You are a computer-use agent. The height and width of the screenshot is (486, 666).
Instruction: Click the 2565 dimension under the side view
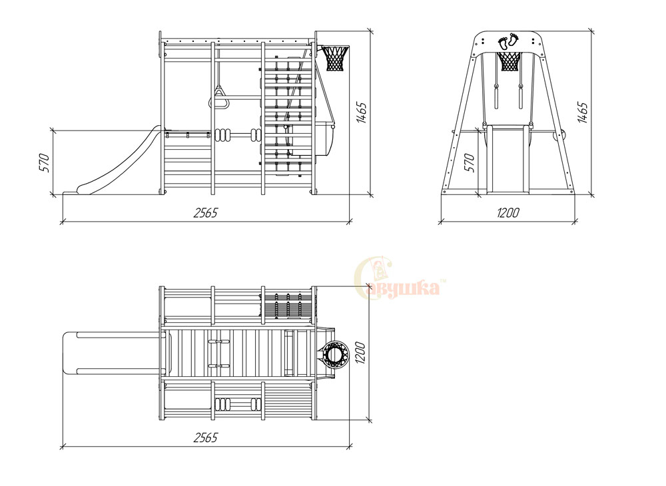205,212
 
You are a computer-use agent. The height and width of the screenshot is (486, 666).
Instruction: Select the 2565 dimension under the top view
205,437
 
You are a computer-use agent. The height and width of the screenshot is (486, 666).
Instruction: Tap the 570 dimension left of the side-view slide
45,162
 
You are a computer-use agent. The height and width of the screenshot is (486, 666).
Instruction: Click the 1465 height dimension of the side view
362,113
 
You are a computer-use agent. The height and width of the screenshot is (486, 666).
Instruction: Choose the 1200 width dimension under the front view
508,212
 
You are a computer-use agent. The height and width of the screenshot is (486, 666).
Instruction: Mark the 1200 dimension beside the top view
360,352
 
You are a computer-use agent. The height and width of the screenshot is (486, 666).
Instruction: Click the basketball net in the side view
335,58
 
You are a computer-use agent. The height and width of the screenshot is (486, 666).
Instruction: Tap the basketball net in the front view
509,61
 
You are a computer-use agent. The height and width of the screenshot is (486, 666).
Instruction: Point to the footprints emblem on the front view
508,41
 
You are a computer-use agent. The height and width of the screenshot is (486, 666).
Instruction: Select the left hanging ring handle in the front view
496,97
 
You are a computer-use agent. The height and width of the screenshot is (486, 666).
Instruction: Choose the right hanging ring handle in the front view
520,97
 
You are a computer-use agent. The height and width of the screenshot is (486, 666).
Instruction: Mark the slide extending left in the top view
113,354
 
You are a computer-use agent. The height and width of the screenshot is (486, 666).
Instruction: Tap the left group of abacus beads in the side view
222,135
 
